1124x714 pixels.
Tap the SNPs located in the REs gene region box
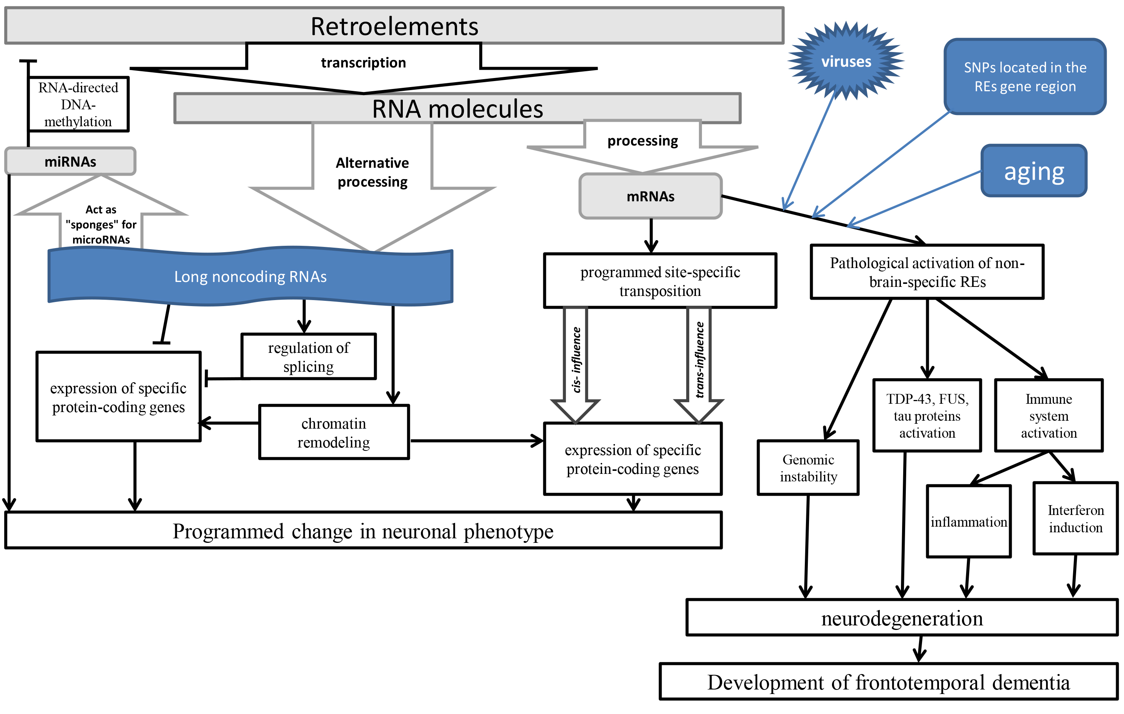(x=1025, y=77)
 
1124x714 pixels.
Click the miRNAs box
(x=70, y=162)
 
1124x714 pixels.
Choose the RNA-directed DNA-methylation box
(x=78, y=104)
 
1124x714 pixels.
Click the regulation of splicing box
(x=309, y=357)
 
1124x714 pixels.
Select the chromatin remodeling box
(x=334, y=432)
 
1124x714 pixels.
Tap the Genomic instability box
(x=808, y=468)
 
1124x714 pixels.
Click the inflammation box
(x=968, y=522)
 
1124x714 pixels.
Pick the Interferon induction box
(x=1075, y=519)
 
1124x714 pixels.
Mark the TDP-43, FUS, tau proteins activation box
(x=927, y=415)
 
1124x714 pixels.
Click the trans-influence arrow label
(x=699, y=360)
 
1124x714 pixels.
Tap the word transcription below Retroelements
(x=363, y=63)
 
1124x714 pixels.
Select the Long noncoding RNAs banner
(x=251, y=276)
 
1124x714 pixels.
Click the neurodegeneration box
(x=902, y=618)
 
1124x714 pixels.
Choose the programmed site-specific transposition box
(x=660, y=281)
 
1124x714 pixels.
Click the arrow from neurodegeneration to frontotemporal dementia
(x=919, y=650)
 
